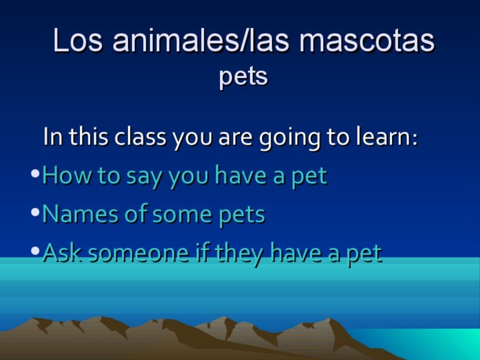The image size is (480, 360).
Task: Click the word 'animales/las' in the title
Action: pyautogui.click(x=191, y=41)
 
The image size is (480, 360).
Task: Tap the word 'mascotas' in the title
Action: pyautogui.click(x=366, y=41)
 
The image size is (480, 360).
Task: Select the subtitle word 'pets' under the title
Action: pyautogui.click(x=243, y=77)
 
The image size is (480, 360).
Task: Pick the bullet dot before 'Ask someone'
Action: pyautogui.click(x=36, y=251)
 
